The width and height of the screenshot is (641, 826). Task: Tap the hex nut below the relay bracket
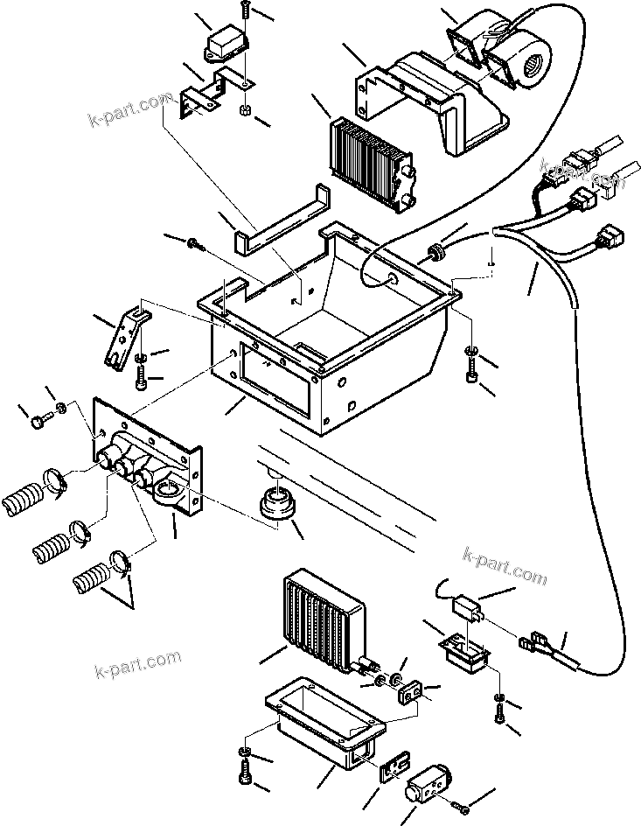(x=246, y=111)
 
